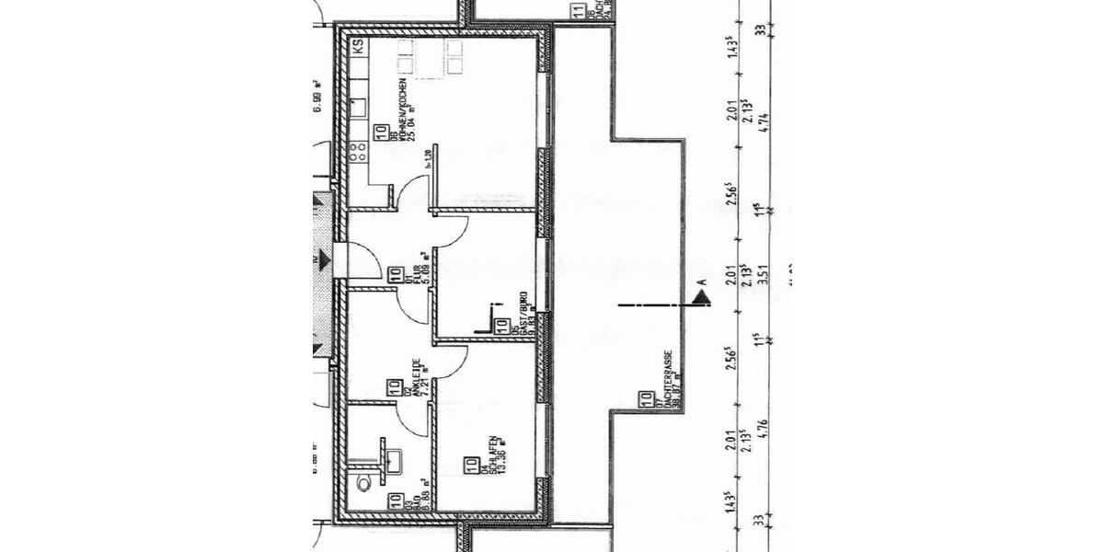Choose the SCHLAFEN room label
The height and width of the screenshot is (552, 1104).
pos(494,457)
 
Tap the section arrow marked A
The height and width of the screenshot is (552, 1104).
pos(702,296)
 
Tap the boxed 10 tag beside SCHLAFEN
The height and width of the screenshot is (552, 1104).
pos(471,466)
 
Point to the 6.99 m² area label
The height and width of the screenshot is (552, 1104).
pos(316,95)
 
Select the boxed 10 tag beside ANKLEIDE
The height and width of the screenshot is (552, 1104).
pos(393,388)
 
